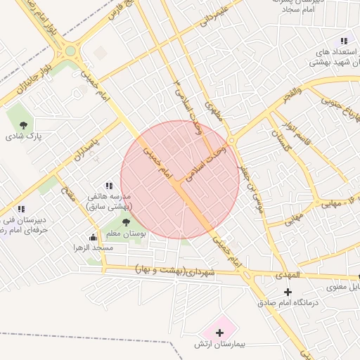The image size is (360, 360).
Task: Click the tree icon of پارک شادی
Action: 25,124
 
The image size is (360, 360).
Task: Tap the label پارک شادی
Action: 25,136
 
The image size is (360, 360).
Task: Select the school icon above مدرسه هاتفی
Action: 108,186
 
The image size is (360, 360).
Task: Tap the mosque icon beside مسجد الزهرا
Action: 94,237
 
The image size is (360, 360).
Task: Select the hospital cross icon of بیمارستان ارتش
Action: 219,332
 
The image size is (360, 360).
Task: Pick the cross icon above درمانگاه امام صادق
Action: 287,292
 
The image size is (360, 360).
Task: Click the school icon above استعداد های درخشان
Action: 344,41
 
